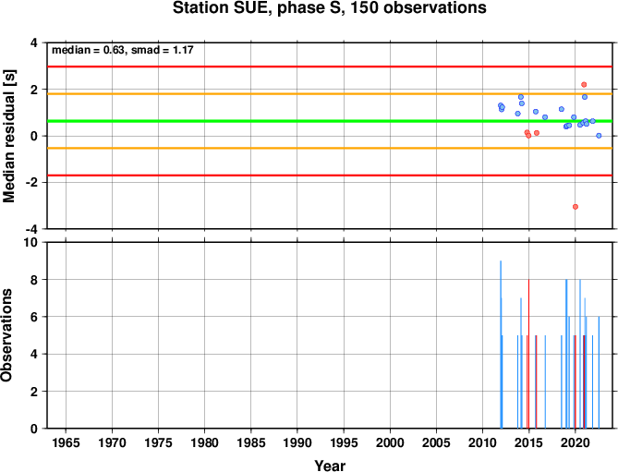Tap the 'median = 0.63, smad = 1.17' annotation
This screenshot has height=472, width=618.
tap(123, 50)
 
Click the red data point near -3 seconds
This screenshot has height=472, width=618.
tap(576, 207)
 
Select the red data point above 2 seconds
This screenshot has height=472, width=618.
tap(584, 85)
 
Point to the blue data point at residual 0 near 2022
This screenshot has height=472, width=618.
tap(600, 136)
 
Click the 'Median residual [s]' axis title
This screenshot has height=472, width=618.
tap(8, 136)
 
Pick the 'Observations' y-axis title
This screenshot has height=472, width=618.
tap(6, 335)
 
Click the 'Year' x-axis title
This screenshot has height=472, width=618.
tap(330, 466)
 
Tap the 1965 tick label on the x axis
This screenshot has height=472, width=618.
tap(66, 442)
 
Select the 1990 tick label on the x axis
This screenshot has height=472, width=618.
tap(297, 442)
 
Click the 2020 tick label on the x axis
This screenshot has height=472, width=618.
tap(576, 442)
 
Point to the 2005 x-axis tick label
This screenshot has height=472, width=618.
tap(436, 442)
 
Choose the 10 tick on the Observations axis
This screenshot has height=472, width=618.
tap(30, 242)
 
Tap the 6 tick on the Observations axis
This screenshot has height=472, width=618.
tap(34, 317)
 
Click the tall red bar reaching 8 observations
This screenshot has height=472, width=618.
tap(528, 354)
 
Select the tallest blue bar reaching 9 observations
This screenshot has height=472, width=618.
tap(501, 345)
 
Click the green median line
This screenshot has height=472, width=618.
tap(330, 121)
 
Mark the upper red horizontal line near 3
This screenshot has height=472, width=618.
tap(330, 67)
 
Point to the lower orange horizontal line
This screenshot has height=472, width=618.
tap(330, 148)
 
